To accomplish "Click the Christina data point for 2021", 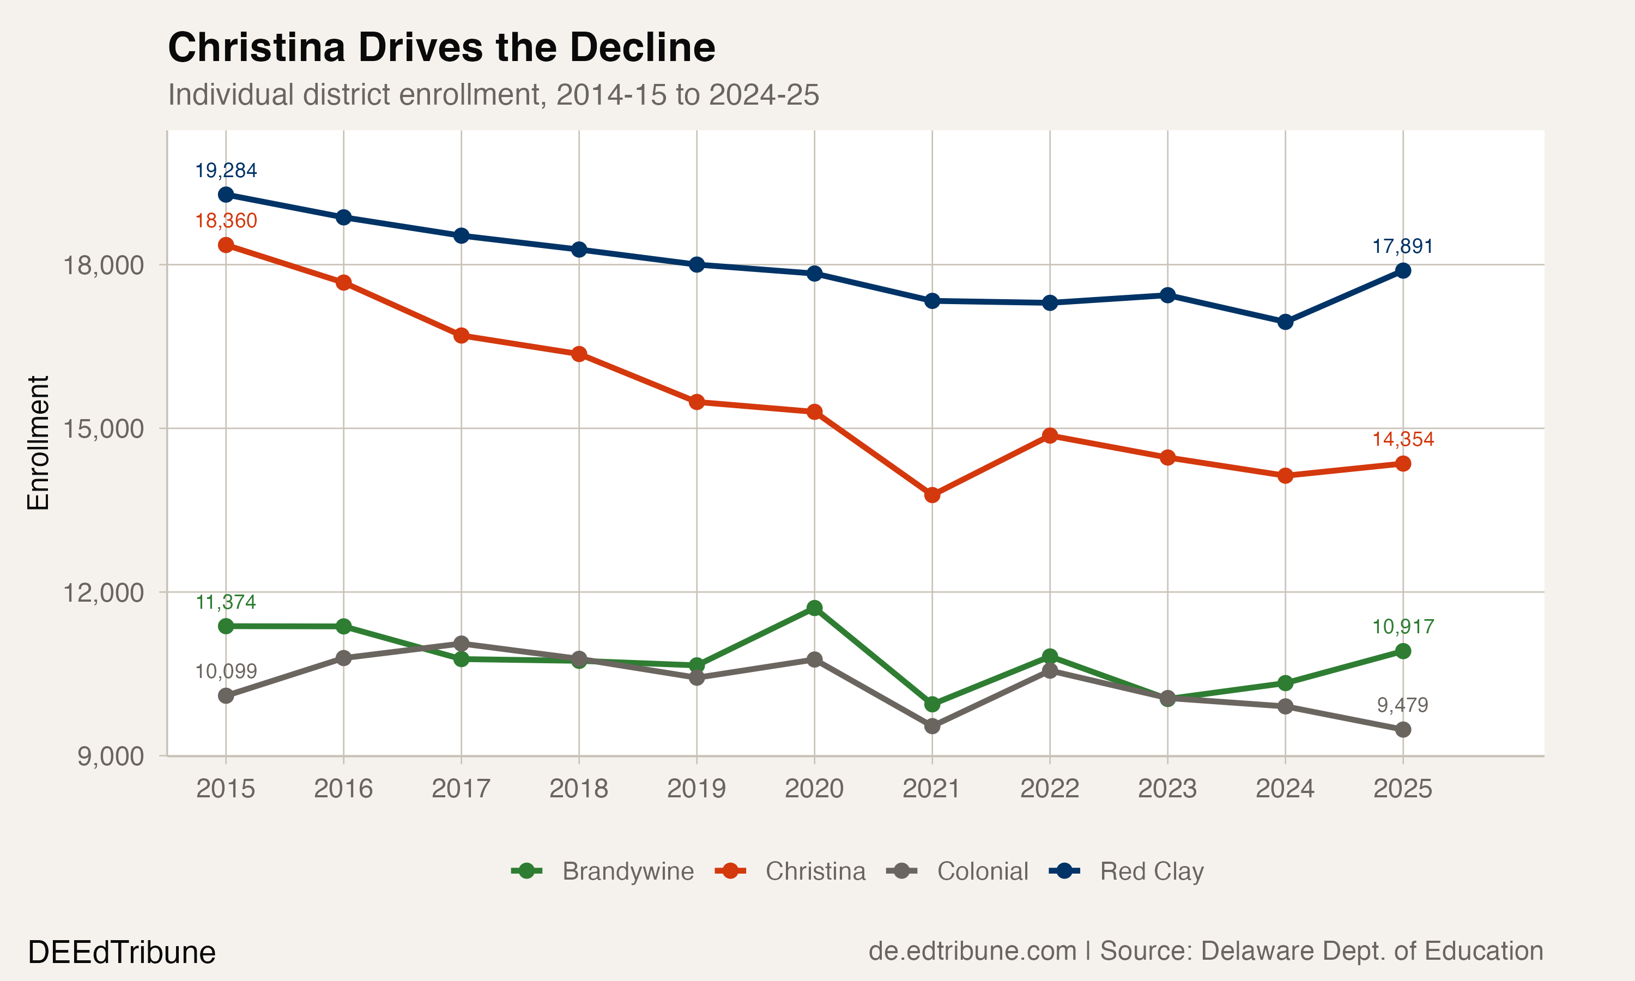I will tap(932, 494).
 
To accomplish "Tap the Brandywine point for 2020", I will tap(814, 608).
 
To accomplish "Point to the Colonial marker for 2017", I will tap(461, 643).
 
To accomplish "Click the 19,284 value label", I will tap(226, 171).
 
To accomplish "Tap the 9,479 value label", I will tap(1402, 705).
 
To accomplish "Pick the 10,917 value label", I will tap(1402, 627).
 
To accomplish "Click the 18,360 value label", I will tap(226, 221).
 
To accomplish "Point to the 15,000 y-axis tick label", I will tap(102, 428).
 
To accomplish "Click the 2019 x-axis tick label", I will tap(696, 789).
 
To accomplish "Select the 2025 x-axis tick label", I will tap(1402, 789).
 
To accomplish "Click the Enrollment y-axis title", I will tap(38, 443).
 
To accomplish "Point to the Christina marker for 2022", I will tap(1050, 435).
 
